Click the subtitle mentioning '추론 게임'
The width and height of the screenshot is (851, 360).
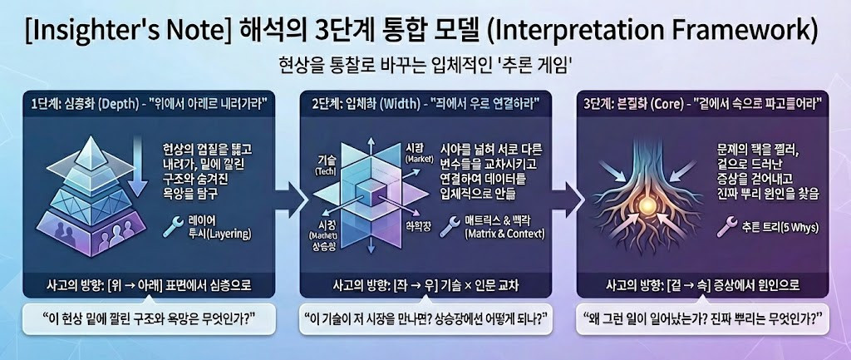tap(425, 66)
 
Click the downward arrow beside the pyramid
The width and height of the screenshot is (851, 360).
tap(138, 170)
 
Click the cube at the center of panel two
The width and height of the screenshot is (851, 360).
tap(363, 193)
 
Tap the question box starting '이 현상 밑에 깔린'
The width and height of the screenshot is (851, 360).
tap(146, 318)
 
